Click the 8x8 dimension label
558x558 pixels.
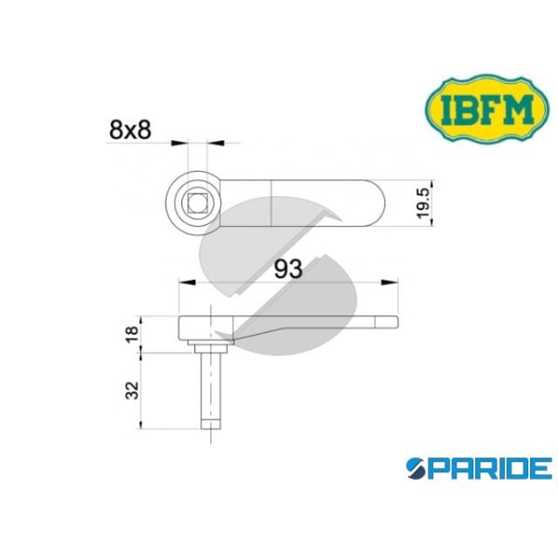(x=130, y=131)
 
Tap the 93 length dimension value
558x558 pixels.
(x=288, y=270)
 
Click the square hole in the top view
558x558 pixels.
(x=196, y=203)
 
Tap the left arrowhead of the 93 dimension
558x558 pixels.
(x=183, y=282)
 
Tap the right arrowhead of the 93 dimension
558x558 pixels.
(x=394, y=282)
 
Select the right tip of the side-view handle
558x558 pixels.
(x=395, y=323)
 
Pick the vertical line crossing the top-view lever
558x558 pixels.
(x=271, y=204)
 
